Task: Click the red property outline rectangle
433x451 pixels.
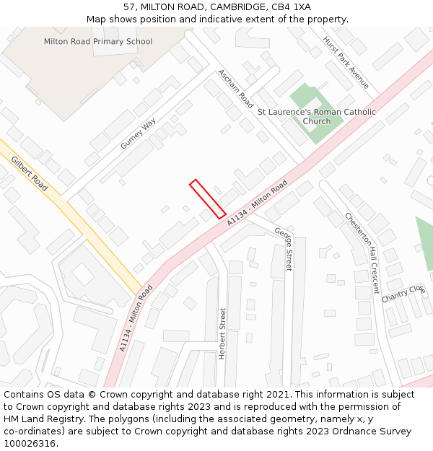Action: click(208, 198)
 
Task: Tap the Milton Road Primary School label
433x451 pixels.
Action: click(98, 42)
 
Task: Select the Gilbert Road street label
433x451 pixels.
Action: click(30, 174)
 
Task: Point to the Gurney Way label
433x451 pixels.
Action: click(138, 133)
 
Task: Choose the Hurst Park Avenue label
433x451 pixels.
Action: click(346, 63)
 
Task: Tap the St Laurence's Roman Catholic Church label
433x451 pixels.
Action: click(317, 117)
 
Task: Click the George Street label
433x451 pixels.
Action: click(284, 249)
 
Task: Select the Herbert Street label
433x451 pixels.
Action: click(223, 333)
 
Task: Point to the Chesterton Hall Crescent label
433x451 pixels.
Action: click(362, 253)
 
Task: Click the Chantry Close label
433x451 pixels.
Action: click(403, 294)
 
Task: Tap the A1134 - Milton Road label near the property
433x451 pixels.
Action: click(257, 203)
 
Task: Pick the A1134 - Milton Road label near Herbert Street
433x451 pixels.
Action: click(136, 318)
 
